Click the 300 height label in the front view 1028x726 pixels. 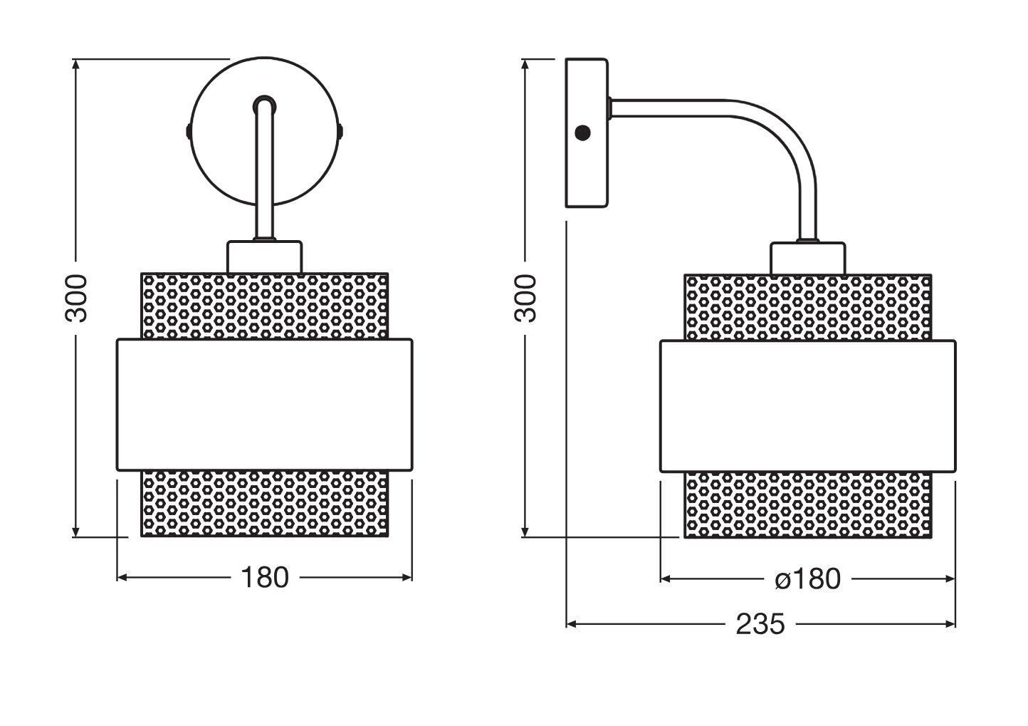[75, 298]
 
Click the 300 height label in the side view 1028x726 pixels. [525, 298]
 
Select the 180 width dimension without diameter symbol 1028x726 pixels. [265, 578]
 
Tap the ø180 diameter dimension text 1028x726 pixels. [807, 579]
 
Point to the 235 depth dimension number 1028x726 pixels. [760, 624]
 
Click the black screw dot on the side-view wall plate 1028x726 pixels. [582, 133]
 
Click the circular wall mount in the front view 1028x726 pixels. [264, 131]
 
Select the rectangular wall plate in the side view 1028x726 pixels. [587, 133]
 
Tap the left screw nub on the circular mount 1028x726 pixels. [189, 131]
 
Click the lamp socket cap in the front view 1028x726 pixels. [264, 257]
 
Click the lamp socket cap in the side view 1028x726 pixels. [808, 259]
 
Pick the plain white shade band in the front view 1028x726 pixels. [264, 405]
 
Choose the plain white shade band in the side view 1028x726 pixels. [808, 406]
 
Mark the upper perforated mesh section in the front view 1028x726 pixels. [264, 306]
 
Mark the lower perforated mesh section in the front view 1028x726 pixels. [264, 503]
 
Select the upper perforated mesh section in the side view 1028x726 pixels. [808, 308]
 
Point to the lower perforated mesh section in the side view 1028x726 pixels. [808, 504]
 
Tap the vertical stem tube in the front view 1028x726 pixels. [264, 169]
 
